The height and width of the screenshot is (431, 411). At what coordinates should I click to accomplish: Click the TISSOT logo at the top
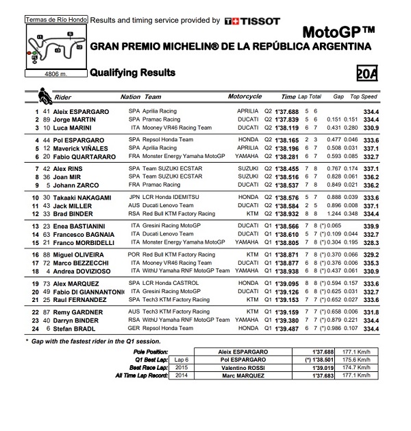pyautogui.click(x=252, y=21)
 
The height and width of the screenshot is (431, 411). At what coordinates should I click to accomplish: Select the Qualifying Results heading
pyautogui.click(x=133, y=73)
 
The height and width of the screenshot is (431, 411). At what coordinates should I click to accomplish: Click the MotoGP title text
pyautogui.click(x=338, y=32)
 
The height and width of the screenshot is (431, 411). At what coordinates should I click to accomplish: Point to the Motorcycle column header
pyautogui.click(x=245, y=97)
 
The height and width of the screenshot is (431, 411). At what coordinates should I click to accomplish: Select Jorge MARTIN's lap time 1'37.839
pyautogui.click(x=287, y=119)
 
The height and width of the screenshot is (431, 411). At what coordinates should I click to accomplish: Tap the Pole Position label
pyautogui.click(x=151, y=351)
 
